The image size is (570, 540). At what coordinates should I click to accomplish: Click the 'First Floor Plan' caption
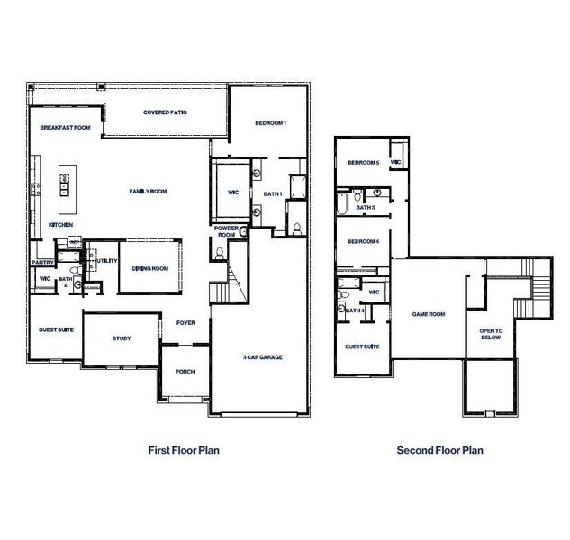coord(183,450)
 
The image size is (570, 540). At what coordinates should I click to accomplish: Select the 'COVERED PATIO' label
coord(165,112)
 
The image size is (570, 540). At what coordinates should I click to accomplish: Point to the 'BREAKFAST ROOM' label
coord(66,129)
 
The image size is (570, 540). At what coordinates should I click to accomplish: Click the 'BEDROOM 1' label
coord(270,123)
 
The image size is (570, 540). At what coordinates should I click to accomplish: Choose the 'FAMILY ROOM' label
coord(149,191)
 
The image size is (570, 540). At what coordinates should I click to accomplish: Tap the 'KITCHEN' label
coord(60,224)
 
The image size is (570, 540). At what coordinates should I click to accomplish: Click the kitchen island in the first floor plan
coord(66,180)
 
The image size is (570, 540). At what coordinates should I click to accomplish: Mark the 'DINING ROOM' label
coord(150,268)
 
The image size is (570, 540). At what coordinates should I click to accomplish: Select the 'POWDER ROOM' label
coord(225,231)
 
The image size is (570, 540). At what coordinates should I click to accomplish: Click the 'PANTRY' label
coord(43,263)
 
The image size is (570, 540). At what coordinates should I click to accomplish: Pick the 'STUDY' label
coord(122,338)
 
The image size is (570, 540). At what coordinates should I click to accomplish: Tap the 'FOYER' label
coord(185,322)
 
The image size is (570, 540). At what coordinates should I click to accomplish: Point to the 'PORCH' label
coord(185,371)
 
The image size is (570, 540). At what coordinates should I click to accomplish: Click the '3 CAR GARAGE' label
coord(262,357)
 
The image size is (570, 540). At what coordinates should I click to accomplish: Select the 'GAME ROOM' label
coord(429,314)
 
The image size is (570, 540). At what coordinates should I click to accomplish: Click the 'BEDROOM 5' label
coord(364,163)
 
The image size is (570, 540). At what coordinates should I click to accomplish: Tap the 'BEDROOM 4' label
coord(364,241)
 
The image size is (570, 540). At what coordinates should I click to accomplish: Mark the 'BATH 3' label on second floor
coord(365,208)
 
